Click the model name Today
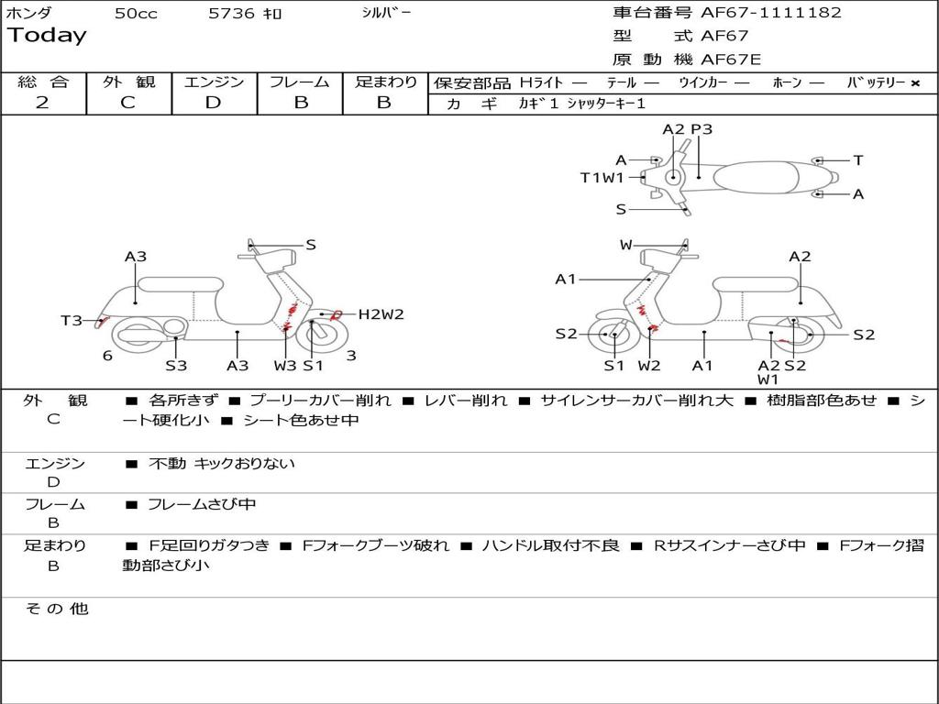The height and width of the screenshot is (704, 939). click(47, 36)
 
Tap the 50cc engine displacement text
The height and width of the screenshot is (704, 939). click(136, 14)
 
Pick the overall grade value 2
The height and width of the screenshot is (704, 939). click(42, 102)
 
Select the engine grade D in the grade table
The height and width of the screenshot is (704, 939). click(213, 102)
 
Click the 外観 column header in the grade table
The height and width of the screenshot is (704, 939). click(128, 82)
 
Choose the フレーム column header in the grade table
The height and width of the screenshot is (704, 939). click(300, 82)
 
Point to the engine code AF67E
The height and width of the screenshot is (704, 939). click(731, 60)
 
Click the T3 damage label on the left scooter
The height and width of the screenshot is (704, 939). click(72, 320)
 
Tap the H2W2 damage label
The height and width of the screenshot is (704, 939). click(381, 314)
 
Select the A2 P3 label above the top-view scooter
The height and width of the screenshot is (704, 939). click(687, 129)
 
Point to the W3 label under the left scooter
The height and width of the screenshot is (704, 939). click(285, 366)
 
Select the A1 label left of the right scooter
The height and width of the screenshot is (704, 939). click(566, 279)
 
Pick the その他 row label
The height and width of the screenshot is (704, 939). click(56, 609)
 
